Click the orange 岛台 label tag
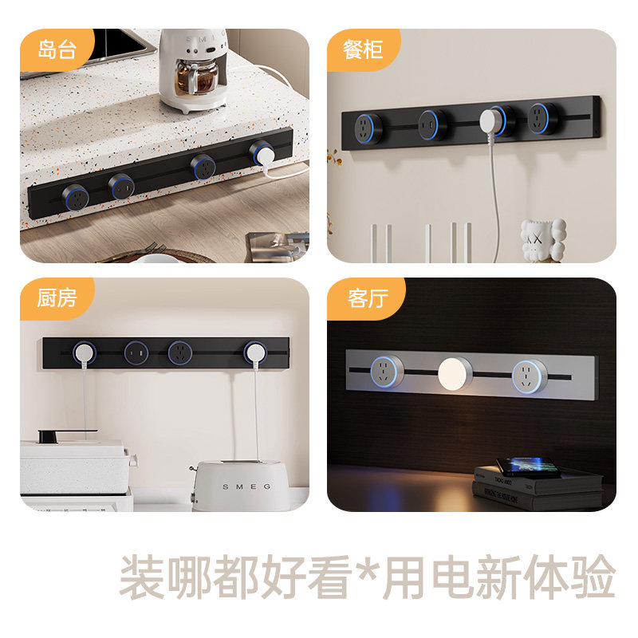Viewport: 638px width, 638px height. tap(57, 49)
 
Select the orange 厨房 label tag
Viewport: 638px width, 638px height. tap(57, 297)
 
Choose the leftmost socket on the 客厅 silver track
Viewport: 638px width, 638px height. tap(387, 372)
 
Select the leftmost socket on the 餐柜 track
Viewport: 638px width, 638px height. tap(368, 124)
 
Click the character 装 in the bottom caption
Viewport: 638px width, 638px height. tap(142, 577)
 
